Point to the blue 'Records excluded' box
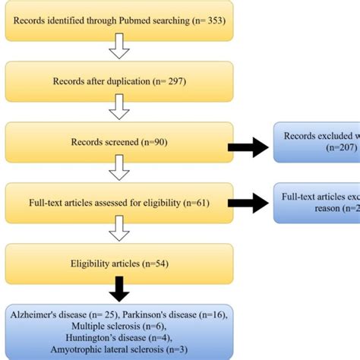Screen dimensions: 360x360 click(x=317, y=142)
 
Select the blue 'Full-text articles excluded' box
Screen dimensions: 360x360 click(x=317, y=203)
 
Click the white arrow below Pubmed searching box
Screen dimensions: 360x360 click(x=118, y=50)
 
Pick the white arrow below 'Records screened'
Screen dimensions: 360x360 click(x=118, y=172)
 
